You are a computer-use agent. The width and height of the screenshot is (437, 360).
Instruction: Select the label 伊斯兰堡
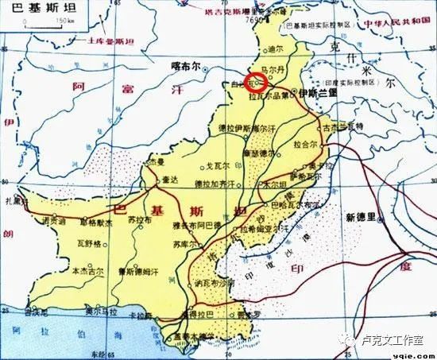(319, 92)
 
